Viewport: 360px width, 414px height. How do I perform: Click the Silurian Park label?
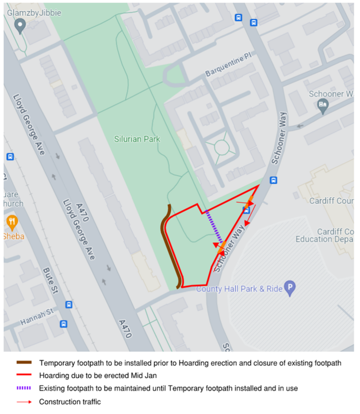pos(137,139)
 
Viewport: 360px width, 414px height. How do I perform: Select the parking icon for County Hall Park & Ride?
pos(290,288)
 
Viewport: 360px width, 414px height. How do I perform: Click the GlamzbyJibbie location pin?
pos(20,25)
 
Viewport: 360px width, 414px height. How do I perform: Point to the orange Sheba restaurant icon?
pos(12,221)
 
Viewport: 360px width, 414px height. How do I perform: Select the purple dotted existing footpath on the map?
pos(215,227)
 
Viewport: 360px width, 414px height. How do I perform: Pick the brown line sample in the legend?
pos(24,363)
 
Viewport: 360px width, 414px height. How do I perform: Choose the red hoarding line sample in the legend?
pos(24,376)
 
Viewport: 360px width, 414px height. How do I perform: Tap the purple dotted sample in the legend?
pos(24,388)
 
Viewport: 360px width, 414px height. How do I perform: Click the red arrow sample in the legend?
pos(24,402)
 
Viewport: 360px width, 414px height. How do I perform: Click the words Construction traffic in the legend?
pos(70,402)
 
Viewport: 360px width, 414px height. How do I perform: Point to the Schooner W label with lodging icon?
pos(330,94)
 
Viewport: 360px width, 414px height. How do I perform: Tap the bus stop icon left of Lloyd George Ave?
pos(10,156)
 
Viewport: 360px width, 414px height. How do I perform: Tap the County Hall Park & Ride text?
pos(239,289)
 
